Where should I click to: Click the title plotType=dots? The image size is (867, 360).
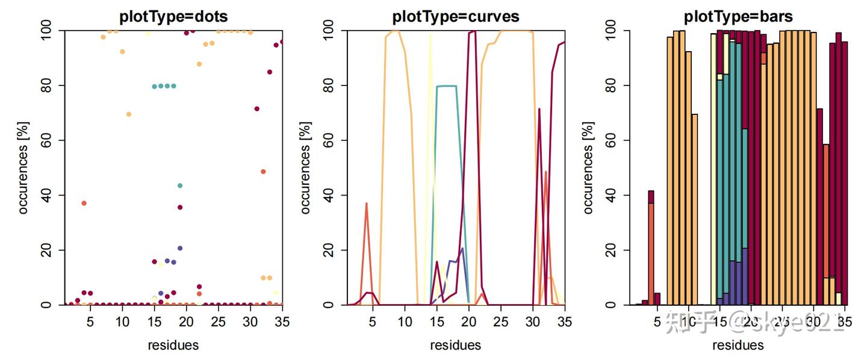point(173,16)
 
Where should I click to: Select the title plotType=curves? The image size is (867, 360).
point(455,16)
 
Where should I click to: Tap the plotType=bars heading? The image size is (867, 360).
point(738,16)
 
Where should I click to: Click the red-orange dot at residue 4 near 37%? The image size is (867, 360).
point(84,203)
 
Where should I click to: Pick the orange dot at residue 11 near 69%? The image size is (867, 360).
point(129,114)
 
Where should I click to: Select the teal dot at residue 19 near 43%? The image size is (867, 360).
point(180,185)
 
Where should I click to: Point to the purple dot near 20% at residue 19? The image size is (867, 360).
point(180,248)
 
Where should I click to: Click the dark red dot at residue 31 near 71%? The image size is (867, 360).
point(257,109)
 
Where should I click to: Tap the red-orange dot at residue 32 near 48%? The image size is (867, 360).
point(263,172)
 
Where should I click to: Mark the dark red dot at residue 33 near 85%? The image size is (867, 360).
point(270,72)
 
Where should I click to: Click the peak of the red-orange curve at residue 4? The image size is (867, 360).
point(366,203)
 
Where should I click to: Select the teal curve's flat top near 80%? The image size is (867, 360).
point(446,86)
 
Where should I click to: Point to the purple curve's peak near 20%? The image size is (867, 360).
point(462,249)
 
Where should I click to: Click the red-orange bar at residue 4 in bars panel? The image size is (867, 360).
point(651,253)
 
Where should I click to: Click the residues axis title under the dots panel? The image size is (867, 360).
point(173,345)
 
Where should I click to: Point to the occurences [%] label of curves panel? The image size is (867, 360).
point(306,167)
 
